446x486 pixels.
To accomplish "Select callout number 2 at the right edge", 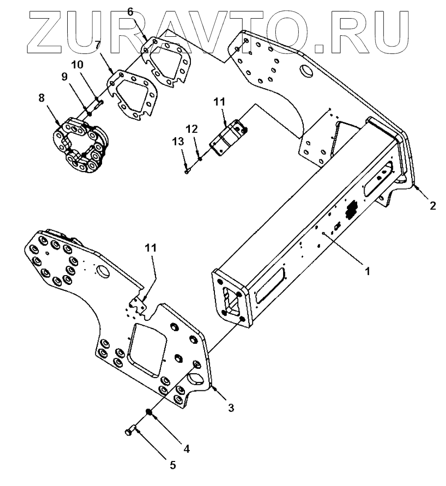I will (x=433, y=206).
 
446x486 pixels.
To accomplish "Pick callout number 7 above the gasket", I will (x=98, y=45).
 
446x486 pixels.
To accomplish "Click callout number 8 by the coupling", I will (x=41, y=98).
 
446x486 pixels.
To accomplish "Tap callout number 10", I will (x=78, y=64).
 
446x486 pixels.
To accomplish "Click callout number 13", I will (x=178, y=141).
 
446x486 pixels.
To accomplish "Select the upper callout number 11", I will (x=218, y=102).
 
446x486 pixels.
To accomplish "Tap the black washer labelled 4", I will (x=147, y=411).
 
